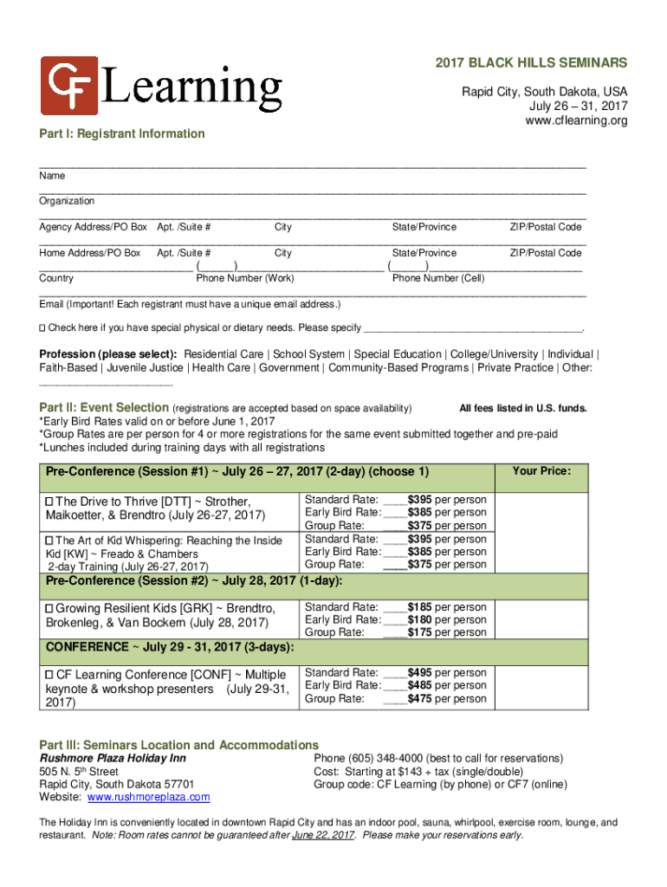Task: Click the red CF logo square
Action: [69, 87]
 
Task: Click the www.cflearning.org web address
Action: [576, 120]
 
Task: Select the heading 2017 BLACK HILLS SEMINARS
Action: [531, 64]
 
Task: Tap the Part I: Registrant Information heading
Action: [122, 133]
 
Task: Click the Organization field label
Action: [67, 201]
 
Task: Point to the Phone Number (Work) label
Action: [245, 279]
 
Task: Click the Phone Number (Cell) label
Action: [438, 279]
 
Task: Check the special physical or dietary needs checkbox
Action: [42, 328]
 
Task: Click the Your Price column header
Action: [541, 471]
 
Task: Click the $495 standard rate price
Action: [420, 673]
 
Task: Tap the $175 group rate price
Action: [420, 633]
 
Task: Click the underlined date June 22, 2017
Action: [323, 836]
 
